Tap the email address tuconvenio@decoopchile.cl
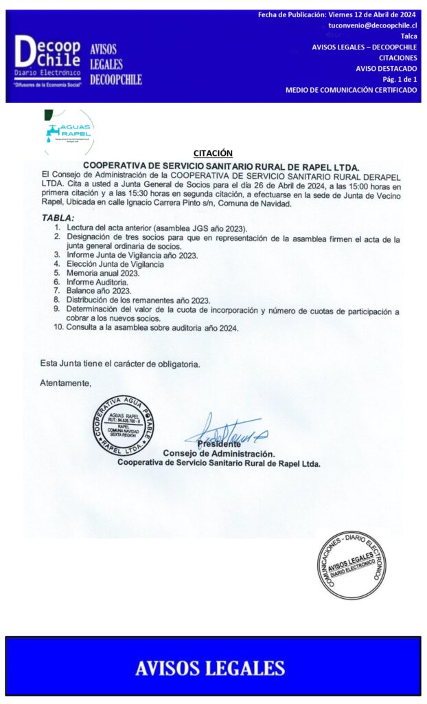click(372, 25)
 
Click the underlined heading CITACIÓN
click(213, 153)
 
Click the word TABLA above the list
click(58, 218)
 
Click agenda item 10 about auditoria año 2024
click(152, 328)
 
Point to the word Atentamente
click(65, 382)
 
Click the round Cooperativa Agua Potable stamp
click(124, 426)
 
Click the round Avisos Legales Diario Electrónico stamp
click(351, 564)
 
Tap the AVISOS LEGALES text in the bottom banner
click(210, 667)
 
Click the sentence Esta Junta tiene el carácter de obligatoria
click(120, 364)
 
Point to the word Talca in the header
click(408, 36)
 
